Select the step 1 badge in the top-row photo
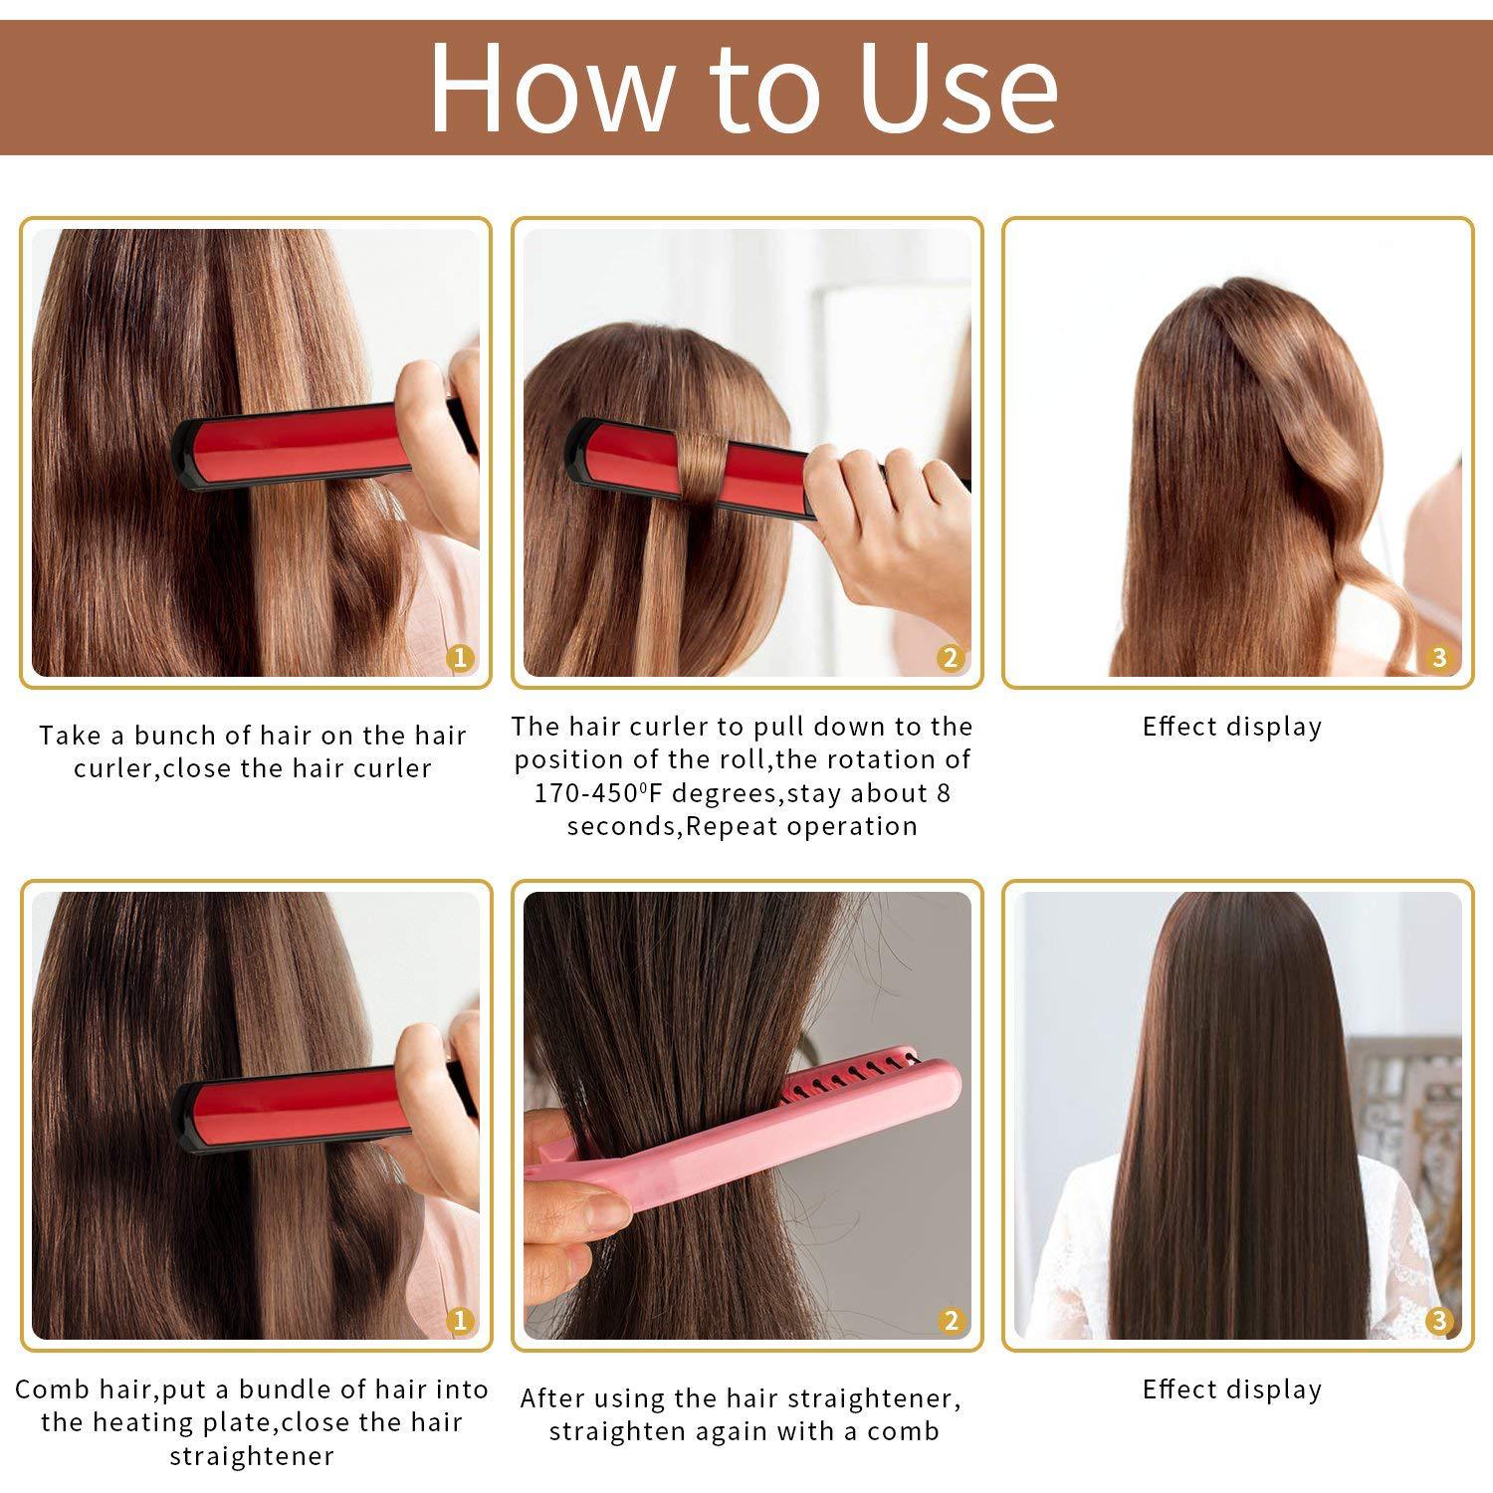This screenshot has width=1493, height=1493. pos(459,657)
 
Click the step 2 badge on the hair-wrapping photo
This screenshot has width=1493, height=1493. pos(951,657)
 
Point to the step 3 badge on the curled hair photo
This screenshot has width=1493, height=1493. pos(1438,657)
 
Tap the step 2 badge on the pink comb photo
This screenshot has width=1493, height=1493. pos(951,1321)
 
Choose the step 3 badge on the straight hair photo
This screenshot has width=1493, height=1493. pos(1438,1321)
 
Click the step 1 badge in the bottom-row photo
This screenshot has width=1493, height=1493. pos(459,1321)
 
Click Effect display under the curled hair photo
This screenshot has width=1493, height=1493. pos(1232,727)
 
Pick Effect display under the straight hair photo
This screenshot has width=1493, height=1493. pos(1232,1389)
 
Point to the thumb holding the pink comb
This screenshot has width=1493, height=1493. pos(587,1209)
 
